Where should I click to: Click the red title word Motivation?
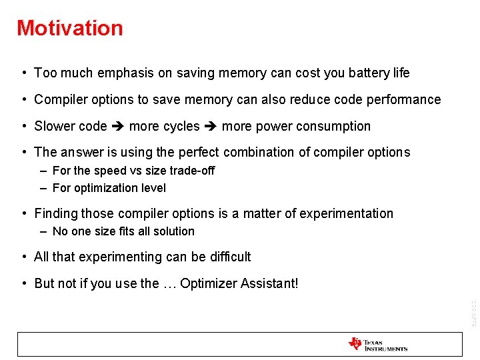(70, 28)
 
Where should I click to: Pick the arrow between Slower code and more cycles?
(118, 126)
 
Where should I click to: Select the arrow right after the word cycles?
(211, 126)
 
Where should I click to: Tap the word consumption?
(336, 126)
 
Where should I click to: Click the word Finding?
(56, 213)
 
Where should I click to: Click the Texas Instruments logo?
(378, 344)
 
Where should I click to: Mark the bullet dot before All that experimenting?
(24, 257)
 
